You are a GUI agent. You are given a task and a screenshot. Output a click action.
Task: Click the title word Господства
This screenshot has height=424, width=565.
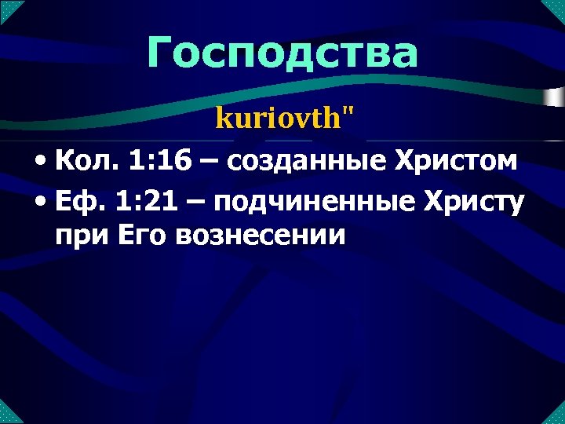coord(282,53)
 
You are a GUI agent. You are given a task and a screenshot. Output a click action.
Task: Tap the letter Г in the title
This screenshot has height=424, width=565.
coord(162,53)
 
